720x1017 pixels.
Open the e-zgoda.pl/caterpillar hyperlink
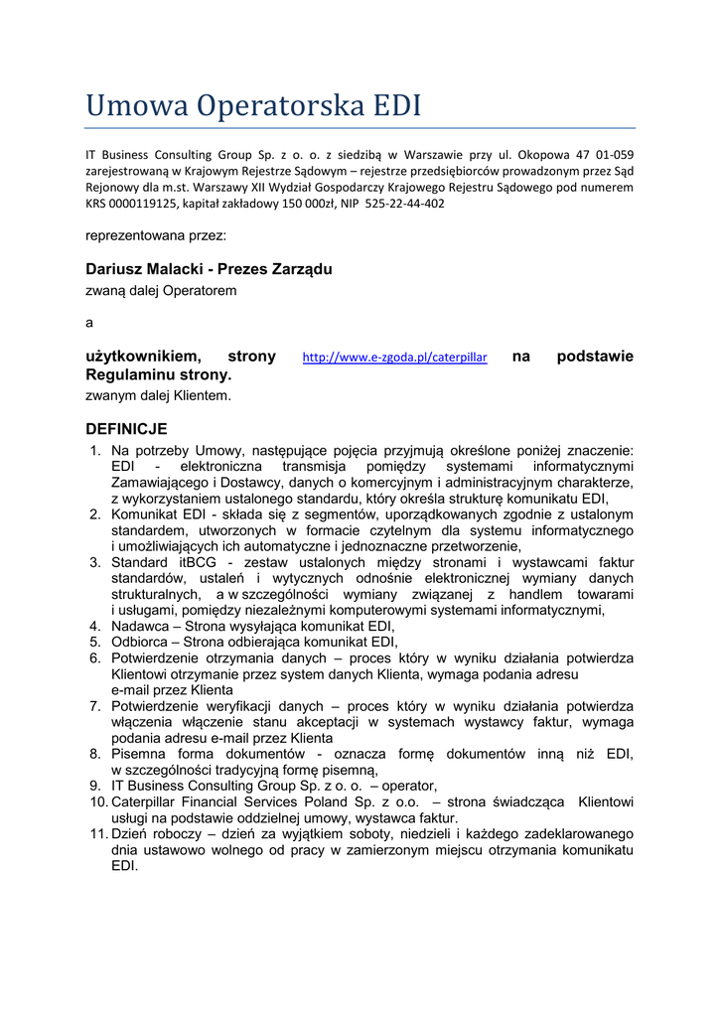coord(394,358)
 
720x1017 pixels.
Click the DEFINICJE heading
coord(126,429)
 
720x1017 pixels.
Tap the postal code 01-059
coord(615,154)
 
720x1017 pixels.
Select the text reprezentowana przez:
coord(156,236)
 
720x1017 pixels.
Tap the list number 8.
coord(95,754)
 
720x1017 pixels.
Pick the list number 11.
coord(97,833)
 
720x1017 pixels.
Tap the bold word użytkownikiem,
coord(143,357)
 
